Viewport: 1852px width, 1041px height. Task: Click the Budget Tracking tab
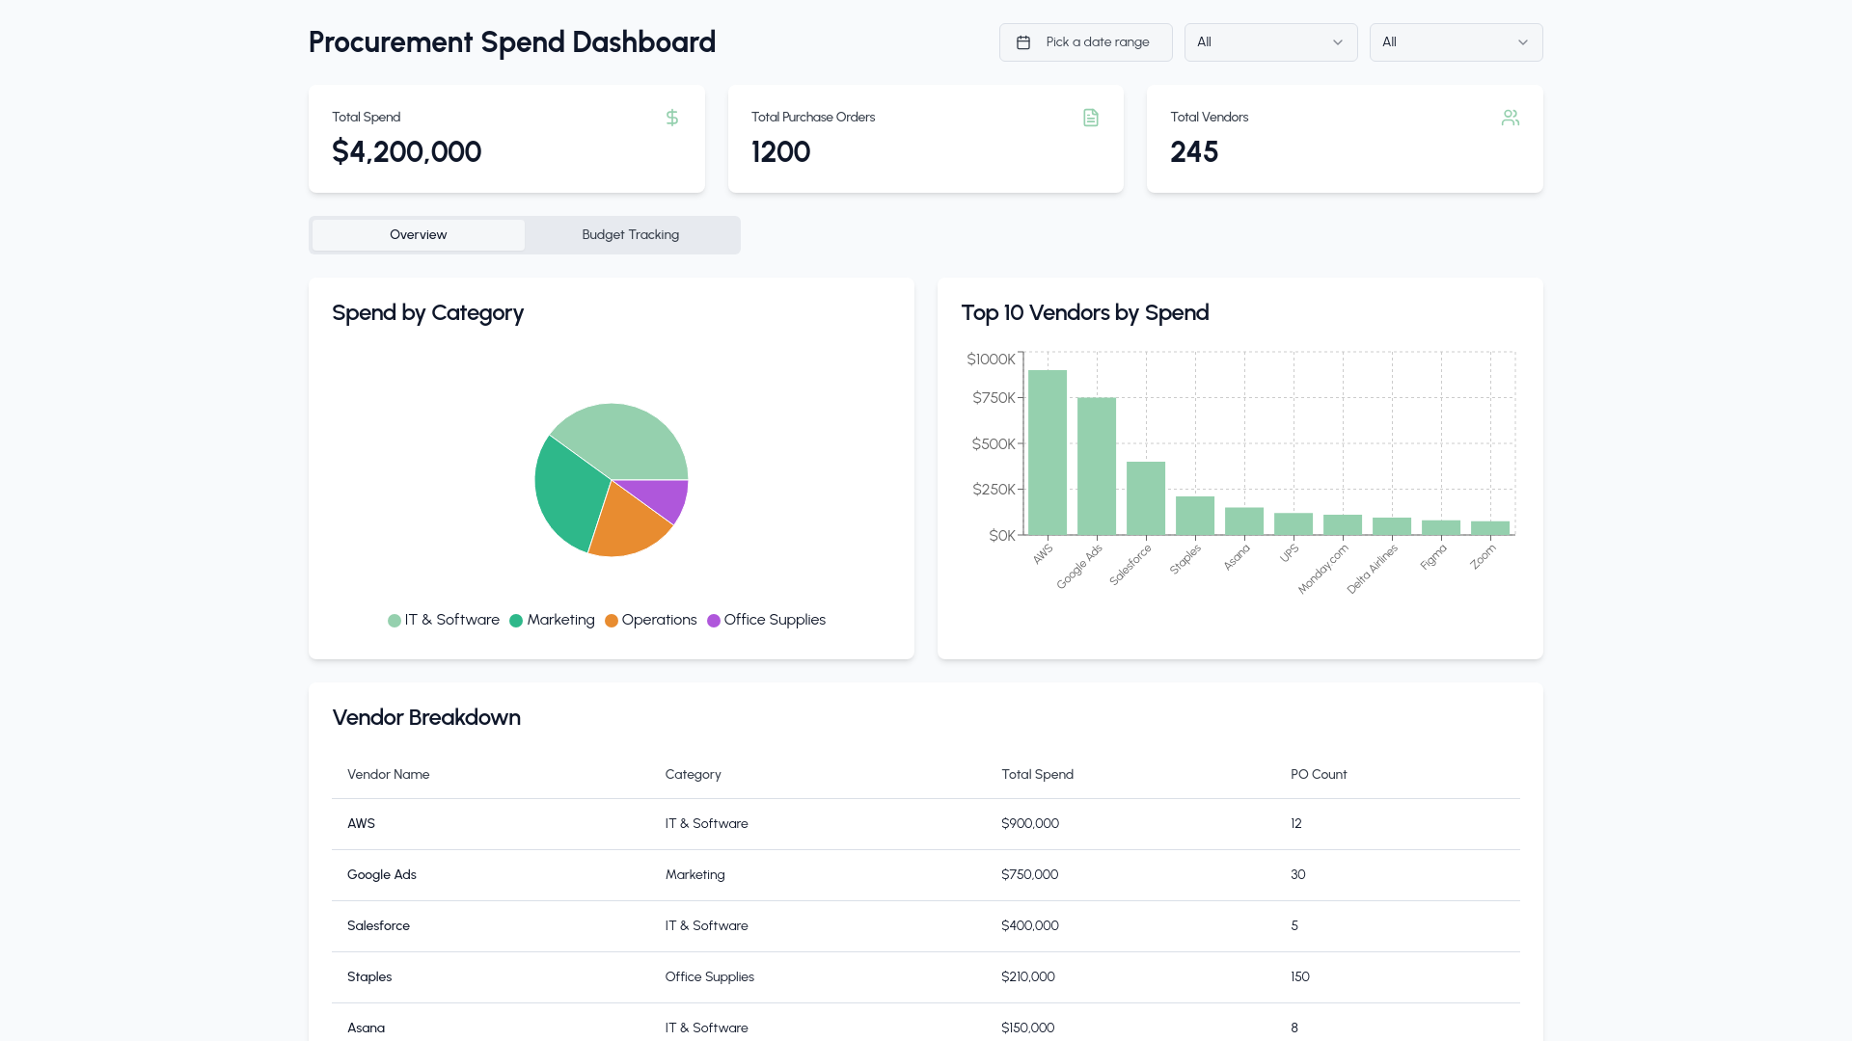631,235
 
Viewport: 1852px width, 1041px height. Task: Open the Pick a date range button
1085,42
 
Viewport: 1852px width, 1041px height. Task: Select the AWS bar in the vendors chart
1048,452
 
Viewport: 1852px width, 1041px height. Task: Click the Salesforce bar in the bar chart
1146,498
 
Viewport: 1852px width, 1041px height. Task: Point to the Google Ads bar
1097,467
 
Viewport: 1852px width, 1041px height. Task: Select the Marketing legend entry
552,620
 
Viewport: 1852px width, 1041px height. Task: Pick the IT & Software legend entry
444,620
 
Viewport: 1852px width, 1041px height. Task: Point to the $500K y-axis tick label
994,444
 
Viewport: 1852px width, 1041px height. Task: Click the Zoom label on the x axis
1484,556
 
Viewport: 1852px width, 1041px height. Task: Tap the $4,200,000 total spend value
406,152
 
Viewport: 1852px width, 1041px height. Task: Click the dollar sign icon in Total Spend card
672,118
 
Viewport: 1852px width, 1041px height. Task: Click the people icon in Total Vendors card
1511,118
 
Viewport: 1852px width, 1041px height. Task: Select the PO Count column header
1319,775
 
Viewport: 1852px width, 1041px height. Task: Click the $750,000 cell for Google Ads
1029,875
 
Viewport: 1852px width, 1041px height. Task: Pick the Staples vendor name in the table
369,977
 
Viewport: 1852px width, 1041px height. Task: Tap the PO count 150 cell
1300,977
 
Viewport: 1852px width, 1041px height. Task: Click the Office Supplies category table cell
709,977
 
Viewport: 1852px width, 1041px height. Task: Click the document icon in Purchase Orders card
1091,118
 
